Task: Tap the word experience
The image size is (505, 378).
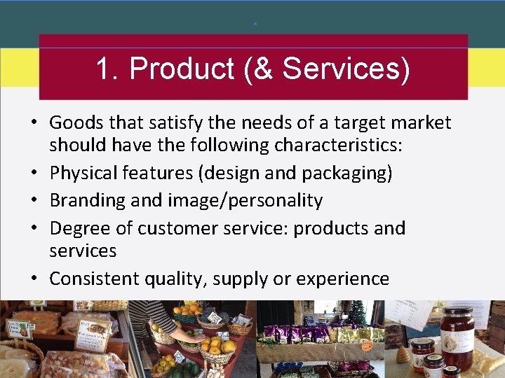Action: (342, 279)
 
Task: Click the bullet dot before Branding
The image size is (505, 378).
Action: (34, 201)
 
